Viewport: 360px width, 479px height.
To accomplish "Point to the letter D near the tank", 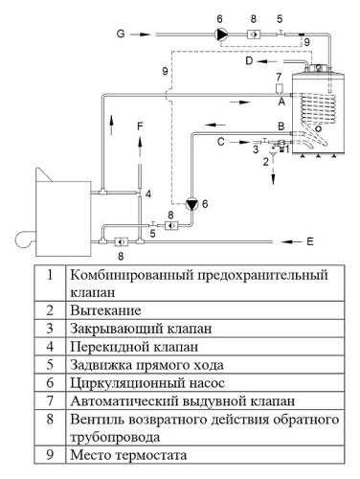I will click(x=249, y=62).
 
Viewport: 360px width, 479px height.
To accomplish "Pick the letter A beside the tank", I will click(x=281, y=100).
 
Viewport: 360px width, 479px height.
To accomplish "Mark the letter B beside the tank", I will click(x=281, y=125).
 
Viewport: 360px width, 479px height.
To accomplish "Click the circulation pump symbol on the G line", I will click(x=221, y=34).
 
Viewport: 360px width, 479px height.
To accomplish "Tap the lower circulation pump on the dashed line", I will click(x=191, y=204).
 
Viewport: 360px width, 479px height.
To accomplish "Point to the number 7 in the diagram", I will click(x=278, y=76).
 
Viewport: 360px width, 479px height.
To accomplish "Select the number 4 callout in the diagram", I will click(x=148, y=194).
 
